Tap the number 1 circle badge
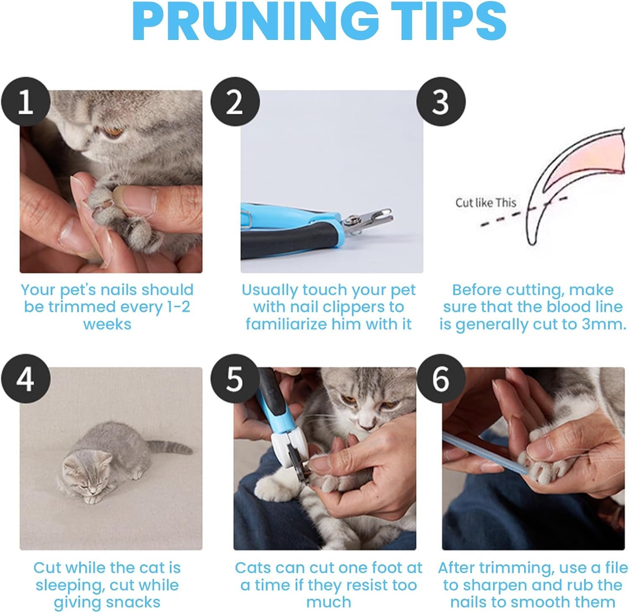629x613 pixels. pyautogui.click(x=26, y=102)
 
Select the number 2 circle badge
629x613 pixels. pyautogui.click(x=235, y=102)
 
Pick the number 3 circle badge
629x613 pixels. pyautogui.click(x=441, y=102)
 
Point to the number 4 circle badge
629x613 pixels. pyautogui.click(x=26, y=379)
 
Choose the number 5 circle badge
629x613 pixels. pyautogui.click(x=235, y=379)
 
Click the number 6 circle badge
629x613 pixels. pyautogui.click(x=441, y=379)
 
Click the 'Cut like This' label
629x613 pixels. pyautogui.click(x=486, y=203)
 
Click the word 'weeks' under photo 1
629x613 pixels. pyautogui.click(x=107, y=324)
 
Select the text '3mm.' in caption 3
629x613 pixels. pyautogui.click(x=604, y=324)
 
